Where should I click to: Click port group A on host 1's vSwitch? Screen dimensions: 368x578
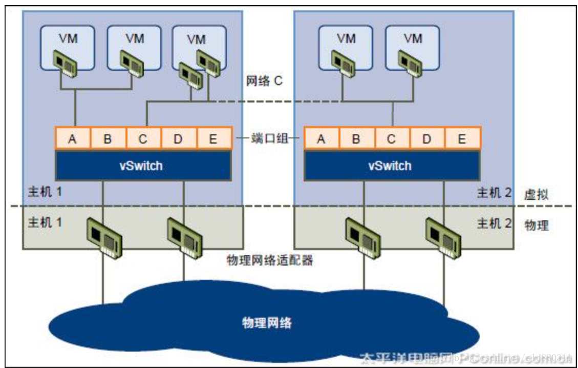click(x=73, y=139)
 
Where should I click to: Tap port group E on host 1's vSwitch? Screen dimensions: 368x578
click(x=213, y=139)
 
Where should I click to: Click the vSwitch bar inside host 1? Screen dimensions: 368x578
click(x=143, y=166)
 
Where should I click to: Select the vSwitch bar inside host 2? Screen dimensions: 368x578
click(x=392, y=166)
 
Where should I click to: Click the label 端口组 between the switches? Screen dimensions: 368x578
click(x=268, y=139)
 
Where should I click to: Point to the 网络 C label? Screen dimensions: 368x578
click(x=264, y=81)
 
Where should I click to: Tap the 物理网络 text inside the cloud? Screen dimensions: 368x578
click(x=267, y=323)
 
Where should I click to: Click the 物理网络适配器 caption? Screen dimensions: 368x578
click(x=270, y=260)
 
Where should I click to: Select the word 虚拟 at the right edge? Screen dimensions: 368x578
click(x=537, y=194)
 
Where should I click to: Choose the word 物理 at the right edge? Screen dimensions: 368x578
click(x=537, y=225)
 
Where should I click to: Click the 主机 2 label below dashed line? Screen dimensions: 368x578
click(x=494, y=223)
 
